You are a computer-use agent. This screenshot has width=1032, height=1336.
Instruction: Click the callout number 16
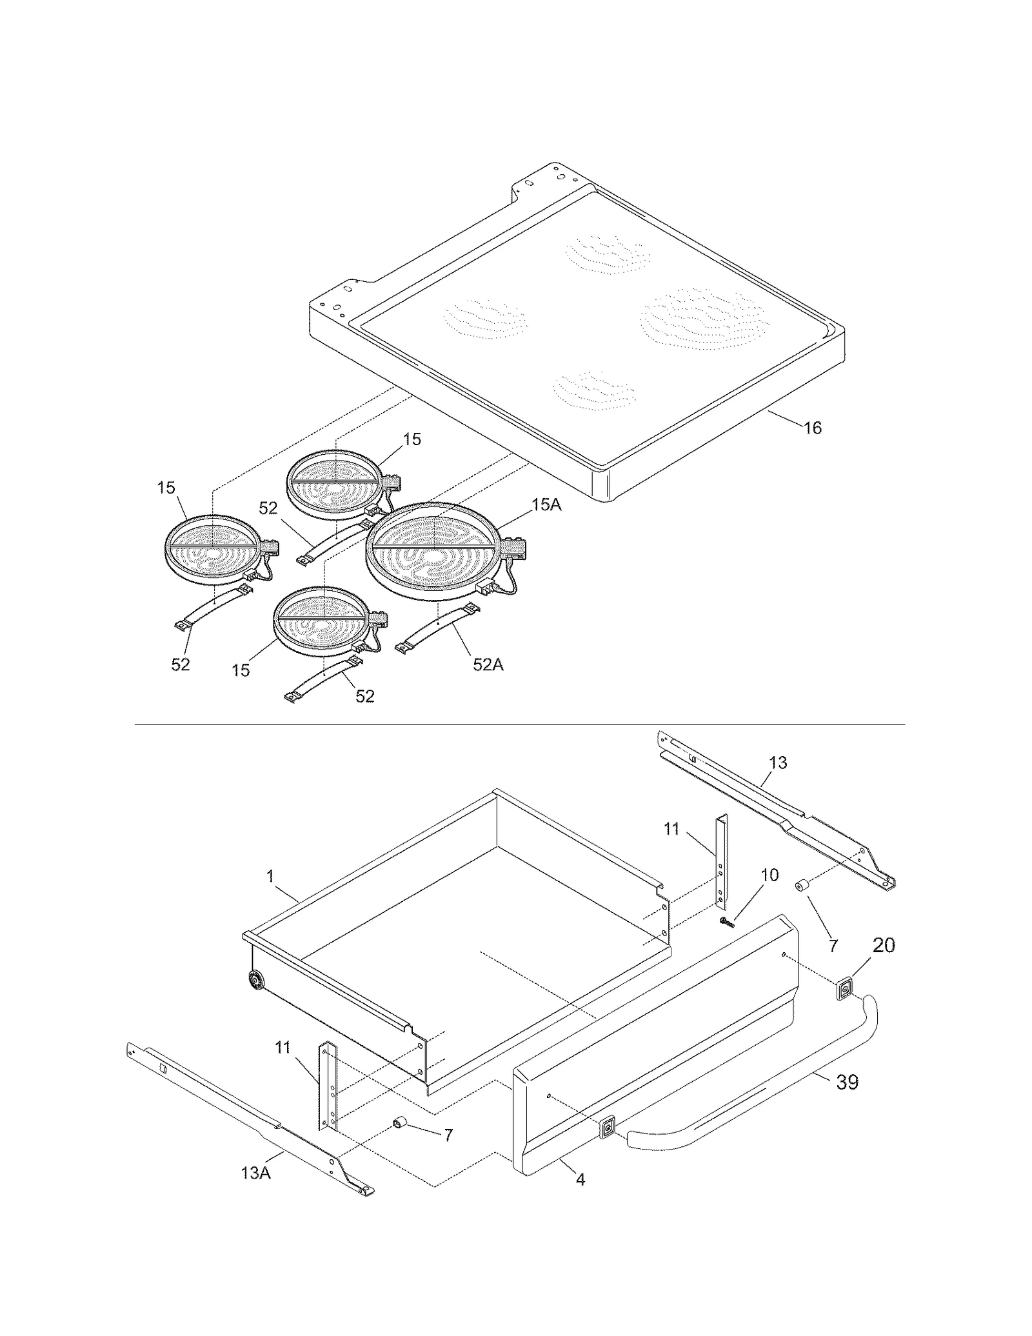point(813,428)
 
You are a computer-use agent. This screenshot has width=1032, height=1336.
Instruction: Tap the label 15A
point(546,505)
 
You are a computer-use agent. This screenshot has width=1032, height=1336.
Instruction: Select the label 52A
point(488,664)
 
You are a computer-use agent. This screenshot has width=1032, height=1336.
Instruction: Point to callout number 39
point(847,1082)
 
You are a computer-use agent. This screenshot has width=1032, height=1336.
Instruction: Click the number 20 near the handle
point(884,946)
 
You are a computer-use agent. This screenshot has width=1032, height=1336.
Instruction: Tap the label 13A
point(256,1191)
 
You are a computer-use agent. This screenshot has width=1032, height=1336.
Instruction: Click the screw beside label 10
point(728,922)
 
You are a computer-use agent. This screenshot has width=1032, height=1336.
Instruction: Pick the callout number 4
point(580,1180)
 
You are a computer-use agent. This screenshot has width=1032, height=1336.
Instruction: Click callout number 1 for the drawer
point(270,876)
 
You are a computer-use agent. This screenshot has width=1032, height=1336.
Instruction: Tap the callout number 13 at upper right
point(778,763)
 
